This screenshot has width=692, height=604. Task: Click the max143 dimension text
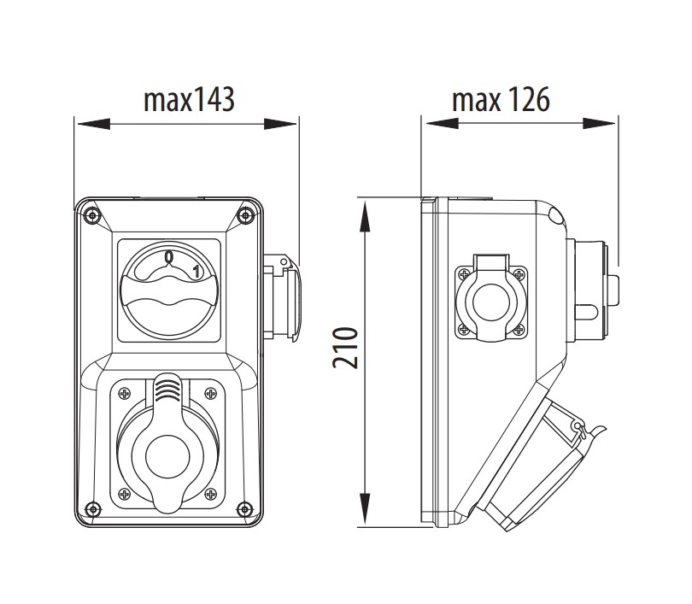tap(188, 101)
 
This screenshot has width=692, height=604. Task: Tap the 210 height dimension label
tap(344, 347)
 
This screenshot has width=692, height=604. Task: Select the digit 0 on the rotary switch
tap(169, 257)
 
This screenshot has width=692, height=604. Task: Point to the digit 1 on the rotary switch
tap(196, 273)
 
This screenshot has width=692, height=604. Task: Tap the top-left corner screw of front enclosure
tap(91, 214)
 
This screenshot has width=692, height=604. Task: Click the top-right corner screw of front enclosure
tap(246, 214)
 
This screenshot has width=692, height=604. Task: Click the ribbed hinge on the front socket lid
tap(167, 391)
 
